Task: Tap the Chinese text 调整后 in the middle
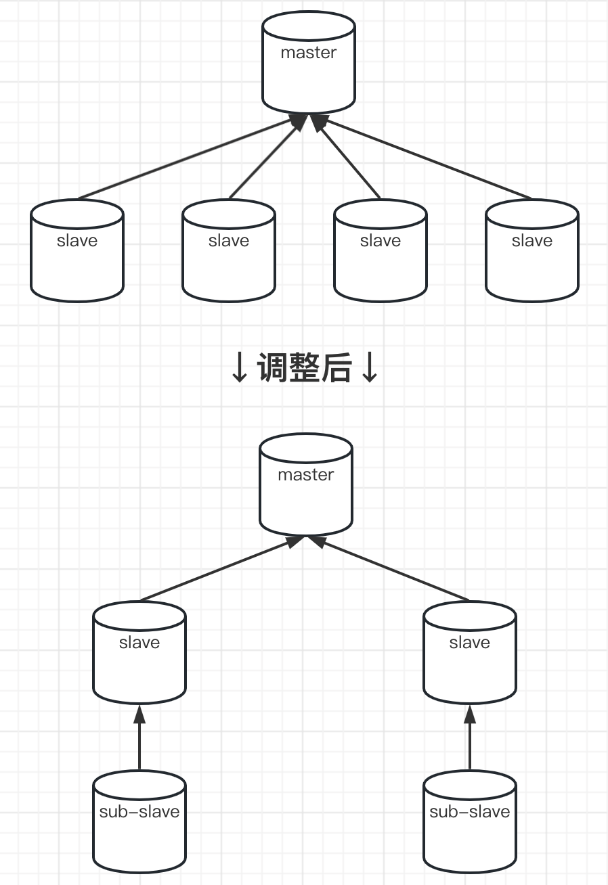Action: click(x=304, y=369)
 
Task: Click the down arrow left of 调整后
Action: click(x=240, y=369)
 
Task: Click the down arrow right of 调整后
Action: click(x=369, y=369)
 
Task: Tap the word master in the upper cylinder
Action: click(x=309, y=53)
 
